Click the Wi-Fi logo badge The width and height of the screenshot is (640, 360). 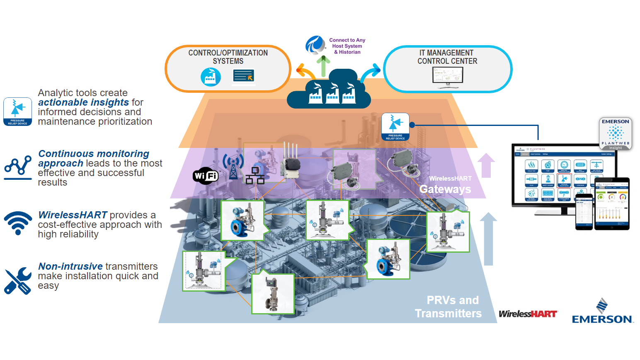point(206,176)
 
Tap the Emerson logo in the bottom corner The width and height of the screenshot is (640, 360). point(602,311)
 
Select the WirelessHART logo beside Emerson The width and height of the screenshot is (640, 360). point(528,314)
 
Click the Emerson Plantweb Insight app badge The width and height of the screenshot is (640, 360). point(616,133)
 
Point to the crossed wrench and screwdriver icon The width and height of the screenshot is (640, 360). point(17,281)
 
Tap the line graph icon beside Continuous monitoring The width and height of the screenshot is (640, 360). point(18,167)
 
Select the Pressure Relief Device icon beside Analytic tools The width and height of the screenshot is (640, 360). point(17,111)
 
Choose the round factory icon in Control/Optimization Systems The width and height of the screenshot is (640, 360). point(211,77)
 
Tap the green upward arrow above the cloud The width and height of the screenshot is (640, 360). point(323,66)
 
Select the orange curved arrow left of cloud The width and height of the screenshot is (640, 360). point(306,71)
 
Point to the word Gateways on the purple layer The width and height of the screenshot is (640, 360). point(445,189)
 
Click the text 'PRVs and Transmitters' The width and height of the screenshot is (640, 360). point(449,307)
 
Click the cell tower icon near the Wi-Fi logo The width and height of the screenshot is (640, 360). point(233,166)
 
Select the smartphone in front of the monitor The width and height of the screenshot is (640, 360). point(584,212)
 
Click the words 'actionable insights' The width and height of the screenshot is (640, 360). point(84,102)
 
